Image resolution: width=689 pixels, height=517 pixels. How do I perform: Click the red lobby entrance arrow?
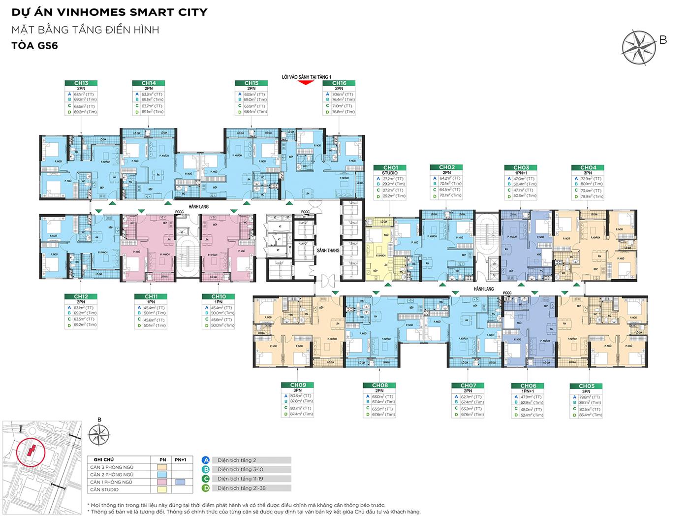[x=306, y=83]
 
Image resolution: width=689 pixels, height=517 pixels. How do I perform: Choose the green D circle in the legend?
[x=206, y=488]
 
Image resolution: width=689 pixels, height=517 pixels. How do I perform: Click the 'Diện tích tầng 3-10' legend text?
[x=240, y=469]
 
